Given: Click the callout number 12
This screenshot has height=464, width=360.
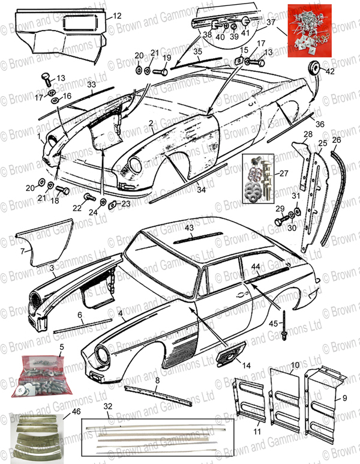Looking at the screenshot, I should pos(117,16).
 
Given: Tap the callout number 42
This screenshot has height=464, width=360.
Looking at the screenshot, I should pos(331,71).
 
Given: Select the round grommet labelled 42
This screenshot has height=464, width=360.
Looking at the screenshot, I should pos(313,65).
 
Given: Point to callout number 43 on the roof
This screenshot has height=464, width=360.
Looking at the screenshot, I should pos(189,229).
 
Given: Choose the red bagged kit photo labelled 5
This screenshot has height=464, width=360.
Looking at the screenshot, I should pos(43,376).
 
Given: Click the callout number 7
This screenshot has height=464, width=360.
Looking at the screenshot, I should pos(23,250).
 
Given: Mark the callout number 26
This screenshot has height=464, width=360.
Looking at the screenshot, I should pos(336,140).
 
